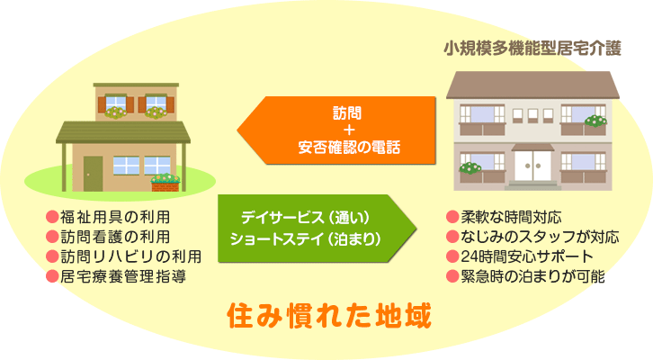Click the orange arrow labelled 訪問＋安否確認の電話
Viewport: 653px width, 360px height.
point(336,130)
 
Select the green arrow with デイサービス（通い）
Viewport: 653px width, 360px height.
point(317,229)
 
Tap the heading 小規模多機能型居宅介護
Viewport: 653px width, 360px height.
point(532,49)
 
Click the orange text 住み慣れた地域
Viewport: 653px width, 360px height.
point(329,316)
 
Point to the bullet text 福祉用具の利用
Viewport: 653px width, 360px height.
point(115,217)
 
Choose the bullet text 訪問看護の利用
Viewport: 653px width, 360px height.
point(115,237)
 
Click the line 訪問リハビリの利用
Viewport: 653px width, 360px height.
point(131,256)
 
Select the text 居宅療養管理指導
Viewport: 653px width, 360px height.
point(123,276)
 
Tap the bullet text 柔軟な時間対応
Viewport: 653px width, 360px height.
point(512,217)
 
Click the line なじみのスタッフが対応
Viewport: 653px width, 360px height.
point(540,237)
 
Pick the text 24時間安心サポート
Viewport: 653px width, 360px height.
point(527,256)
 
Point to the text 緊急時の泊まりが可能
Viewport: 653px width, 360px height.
point(532,276)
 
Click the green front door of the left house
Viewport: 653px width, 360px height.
point(93,174)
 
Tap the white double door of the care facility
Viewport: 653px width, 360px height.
point(532,166)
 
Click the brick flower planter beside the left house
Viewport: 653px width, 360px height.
point(165,186)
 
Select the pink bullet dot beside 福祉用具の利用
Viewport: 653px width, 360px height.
point(52,217)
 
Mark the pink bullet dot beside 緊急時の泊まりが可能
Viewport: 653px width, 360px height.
point(452,276)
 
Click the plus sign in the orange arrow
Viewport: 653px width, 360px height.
point(349,130)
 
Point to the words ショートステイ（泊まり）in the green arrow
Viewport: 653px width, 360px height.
point(305,239)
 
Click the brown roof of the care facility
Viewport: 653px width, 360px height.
point(532,85)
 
